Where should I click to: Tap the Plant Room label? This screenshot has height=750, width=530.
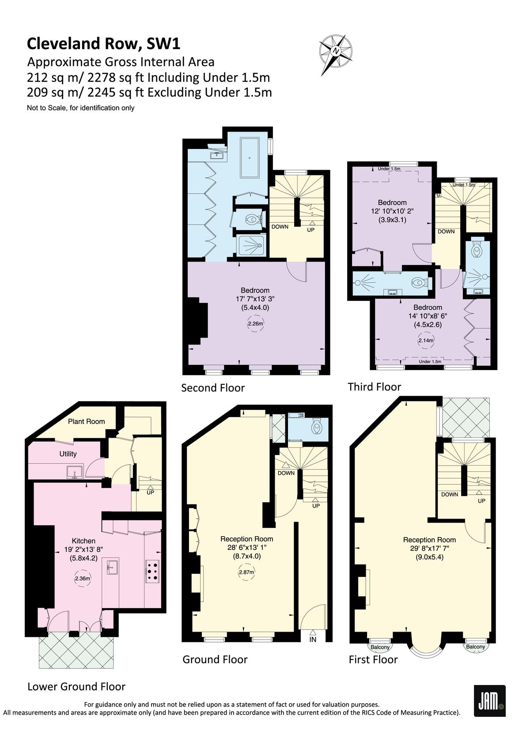click(x=87, y=421)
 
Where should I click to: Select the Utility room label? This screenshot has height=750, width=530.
click(x=68, y=454)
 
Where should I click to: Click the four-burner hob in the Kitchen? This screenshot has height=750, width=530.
click(x=152, y=571)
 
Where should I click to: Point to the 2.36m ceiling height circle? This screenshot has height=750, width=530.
click(x=82, y=578)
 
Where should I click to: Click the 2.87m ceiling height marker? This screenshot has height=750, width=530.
click(x=246, y=572)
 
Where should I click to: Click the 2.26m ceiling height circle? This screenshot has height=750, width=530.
click(x=255, y=323)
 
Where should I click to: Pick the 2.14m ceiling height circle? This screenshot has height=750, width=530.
click(x=426, y=341)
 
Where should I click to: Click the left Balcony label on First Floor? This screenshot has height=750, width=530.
click(x=380, y=647)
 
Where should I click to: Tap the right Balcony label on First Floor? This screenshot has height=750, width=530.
click(x=475, y=647)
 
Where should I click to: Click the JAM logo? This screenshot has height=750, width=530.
click(x=489, y=701)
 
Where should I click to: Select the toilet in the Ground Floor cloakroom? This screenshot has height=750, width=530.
click(x=316, y=427)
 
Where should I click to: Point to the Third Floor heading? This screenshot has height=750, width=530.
click(x=375, y=387)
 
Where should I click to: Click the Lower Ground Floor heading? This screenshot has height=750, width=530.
click(x=76, y=686)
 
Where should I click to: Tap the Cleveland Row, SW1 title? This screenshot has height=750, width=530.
click(x=103, y=44)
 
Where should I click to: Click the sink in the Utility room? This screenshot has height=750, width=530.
click(x=75, y=473)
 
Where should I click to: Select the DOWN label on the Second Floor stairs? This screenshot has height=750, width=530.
click(x=280, y=227)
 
